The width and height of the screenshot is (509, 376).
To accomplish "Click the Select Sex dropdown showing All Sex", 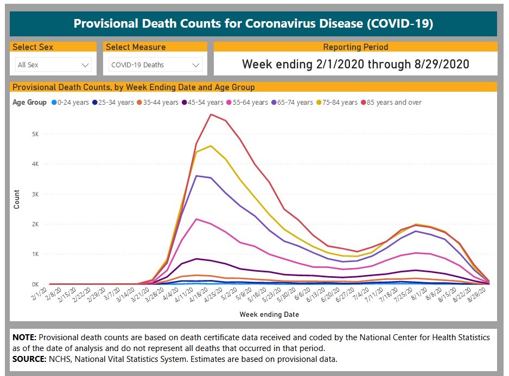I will [x=53, y=65].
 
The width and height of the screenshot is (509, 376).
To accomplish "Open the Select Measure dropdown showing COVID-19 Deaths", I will [x=155, y=65].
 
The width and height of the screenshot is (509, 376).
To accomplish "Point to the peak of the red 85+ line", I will [x=211, y=114].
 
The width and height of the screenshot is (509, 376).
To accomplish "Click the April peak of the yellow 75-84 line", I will [x=211, y=145].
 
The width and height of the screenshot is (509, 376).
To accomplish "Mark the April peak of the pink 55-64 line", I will [x=196, y=219].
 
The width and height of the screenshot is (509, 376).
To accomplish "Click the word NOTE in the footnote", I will [x=24, y=337].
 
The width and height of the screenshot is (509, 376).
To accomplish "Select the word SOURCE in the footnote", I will [x=29, y=359].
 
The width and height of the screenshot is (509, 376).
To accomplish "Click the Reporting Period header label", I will [x=355, y=47].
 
